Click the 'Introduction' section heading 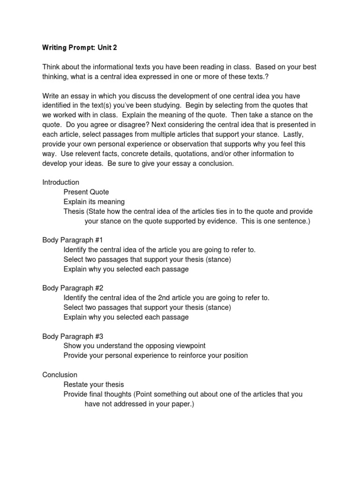[x=61, y=182]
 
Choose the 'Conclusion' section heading [x=59, y=375]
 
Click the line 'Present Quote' [x=86, y=192]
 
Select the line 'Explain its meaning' [x=94, y=202]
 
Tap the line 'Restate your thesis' [x=94, y=384]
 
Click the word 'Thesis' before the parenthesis [x=74, y=211]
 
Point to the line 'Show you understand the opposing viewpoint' [x=135, y=346]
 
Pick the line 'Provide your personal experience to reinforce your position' [x=156, y=355]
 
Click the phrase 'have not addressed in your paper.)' [x=139, y=404]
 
